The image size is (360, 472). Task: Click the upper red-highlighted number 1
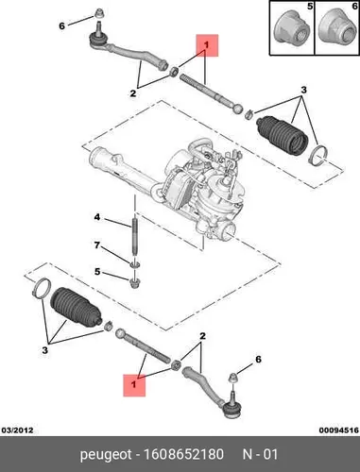206,45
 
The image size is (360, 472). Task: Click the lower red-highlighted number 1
134,384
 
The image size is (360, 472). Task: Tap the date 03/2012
18,430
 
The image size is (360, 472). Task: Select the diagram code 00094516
339,430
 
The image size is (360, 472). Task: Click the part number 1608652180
183,454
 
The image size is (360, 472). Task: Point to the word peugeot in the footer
106,455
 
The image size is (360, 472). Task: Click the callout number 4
97,217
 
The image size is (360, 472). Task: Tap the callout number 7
97,244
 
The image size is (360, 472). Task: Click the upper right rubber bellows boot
282,135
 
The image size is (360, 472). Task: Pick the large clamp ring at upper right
318,155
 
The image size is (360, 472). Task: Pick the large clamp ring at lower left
42,288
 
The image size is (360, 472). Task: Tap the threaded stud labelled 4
135,238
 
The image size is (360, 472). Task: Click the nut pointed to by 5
135,282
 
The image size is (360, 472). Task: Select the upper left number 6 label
61,25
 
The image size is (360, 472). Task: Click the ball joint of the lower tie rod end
231,409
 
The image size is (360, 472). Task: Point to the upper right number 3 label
303,90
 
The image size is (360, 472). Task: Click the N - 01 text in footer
260,454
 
